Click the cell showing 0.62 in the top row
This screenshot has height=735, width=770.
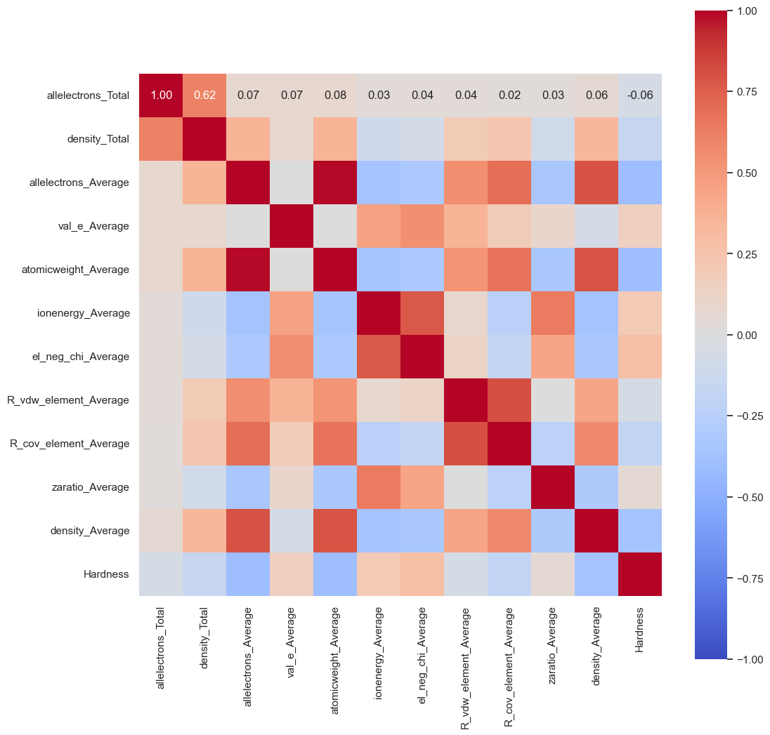[204, 95]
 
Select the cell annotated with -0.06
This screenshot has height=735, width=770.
[639, 95]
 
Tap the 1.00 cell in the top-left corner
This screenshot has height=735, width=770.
[161, 95]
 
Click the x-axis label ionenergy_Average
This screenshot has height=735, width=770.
[378, 652]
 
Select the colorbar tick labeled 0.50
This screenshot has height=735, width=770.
[750, 173]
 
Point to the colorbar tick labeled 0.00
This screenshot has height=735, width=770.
[750, 335]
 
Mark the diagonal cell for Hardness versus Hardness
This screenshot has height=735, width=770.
[639, 574]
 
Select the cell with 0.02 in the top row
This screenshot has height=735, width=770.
[509, 95]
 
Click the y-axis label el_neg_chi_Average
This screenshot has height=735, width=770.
[84, 357]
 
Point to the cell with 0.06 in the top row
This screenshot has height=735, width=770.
[596, 95]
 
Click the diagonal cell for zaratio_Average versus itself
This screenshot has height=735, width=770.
[552, 487]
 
